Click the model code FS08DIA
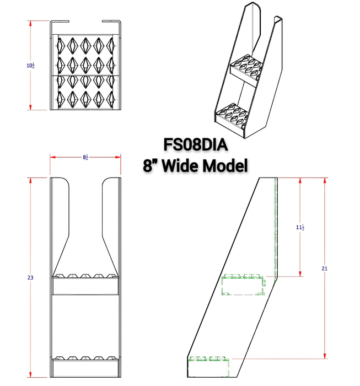196,144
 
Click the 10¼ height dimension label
31,66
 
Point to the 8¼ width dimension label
85,157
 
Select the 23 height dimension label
31,278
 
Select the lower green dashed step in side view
208,363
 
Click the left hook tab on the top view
60,23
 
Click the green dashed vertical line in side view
273,226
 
